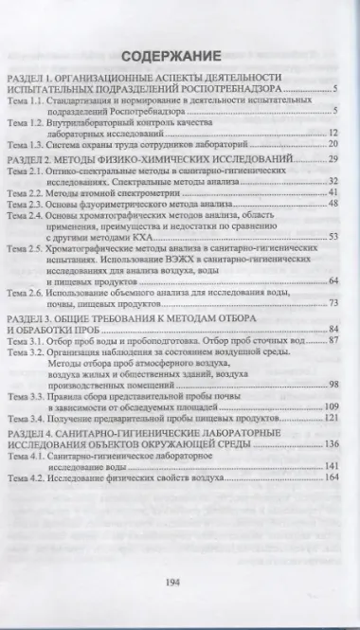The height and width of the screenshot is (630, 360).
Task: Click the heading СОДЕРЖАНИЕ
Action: tap(179, 55)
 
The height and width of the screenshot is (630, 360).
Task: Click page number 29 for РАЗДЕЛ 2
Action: tap(334, 189)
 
